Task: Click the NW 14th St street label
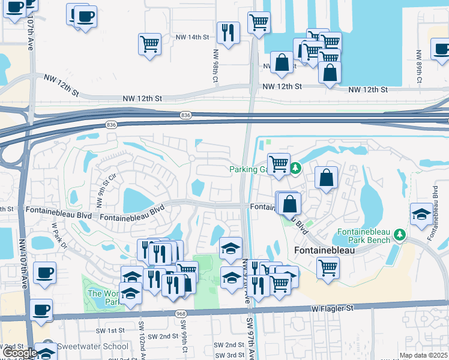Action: click(x=192, y=37)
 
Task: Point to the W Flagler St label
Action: click(x=333, y=308)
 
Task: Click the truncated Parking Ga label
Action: click(x=247, y=169)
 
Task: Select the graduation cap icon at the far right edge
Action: click(x=422, y=214)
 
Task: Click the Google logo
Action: click(x=20, y=353)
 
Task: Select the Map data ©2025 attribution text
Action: click(x=424, y=355)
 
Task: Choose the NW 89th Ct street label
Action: click(x=419, y=65)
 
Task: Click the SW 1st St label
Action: click(x=110, y=331)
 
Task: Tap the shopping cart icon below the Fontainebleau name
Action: click(x=328, y=268)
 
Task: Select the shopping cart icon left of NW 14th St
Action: click(x=149, y=44)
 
